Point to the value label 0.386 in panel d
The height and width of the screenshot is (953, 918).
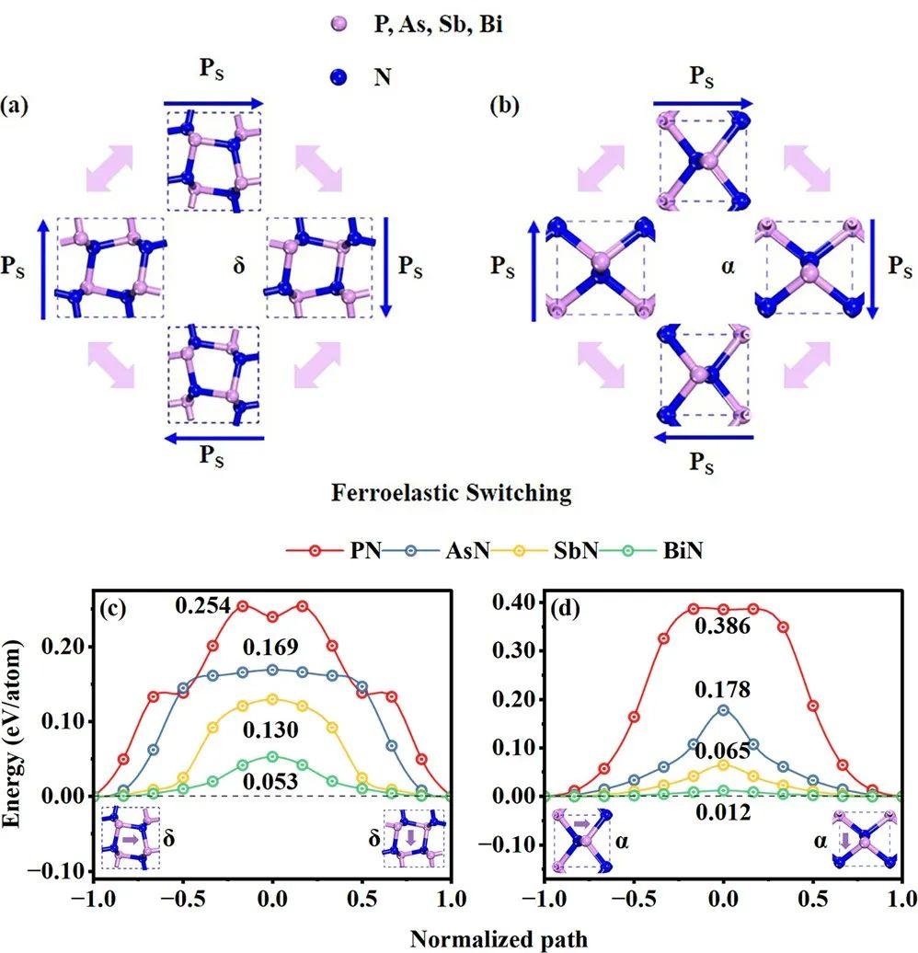click(725, 627)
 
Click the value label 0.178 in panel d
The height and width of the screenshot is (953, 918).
click(724, 690)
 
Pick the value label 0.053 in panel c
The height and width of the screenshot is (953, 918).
click(272, 781)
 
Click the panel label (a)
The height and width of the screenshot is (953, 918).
click(18, 105)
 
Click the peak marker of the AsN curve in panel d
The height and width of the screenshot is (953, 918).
click(724, 709)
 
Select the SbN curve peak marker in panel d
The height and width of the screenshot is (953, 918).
click(724, 764)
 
